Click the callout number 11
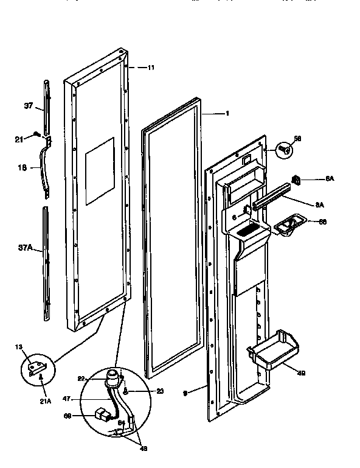(x=150, y=68)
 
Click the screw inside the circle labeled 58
(x=283, y=148)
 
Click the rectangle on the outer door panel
(x=100, y=170)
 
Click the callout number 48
(x=144, y=449)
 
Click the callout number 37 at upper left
(x=28, y=106)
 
